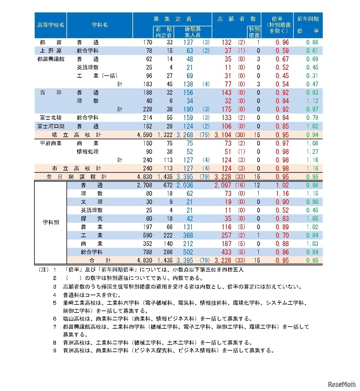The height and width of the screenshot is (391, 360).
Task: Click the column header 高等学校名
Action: click(x=50, y=25)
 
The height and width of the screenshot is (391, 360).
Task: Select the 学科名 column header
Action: click(x=100, y=25)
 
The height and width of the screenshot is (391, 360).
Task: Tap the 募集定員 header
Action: click(x=172, y=19)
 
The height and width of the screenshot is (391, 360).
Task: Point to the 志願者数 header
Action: click(x=237, y=19)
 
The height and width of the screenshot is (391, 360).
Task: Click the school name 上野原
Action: click(x=50, y=51)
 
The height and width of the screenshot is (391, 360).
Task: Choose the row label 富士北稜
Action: click(x=50, y=118)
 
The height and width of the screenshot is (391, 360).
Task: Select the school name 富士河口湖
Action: click(x=50, y=126)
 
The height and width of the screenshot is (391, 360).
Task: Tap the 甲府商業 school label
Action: click(x=50, y=143)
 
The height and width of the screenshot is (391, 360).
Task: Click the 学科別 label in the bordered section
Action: click(x=50, y=222)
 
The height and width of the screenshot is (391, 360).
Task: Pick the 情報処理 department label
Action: click(x=87, y=152)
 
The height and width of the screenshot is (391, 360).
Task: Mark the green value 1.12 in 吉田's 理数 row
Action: click(x=312, y=101)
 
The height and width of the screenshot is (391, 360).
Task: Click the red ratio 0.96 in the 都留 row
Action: click(x=282, y=42)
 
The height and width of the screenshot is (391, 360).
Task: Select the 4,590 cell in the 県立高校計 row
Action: click(x=145, y=135)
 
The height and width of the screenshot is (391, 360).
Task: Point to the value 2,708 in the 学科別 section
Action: click(x=145, y=185)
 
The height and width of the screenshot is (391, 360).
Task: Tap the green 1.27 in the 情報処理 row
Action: click(x=312, y=152)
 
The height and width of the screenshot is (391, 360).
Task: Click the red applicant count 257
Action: click(x=226, y=235)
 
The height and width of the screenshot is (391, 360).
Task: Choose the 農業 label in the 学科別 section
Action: click(x=91, y=227)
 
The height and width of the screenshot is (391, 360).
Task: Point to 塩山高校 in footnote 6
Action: click(x=74, y=319)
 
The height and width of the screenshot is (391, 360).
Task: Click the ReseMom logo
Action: click(x=342, y=384)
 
